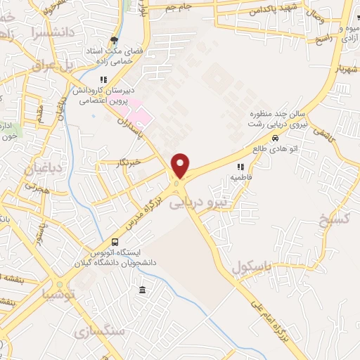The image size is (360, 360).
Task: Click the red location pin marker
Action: coord(181,166)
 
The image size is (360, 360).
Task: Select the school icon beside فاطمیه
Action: coord(240,167)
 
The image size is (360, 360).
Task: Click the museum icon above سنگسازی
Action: coord(143,290)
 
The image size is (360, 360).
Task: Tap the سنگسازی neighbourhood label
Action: coord(102,331)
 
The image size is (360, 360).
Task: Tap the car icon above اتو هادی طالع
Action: coord(264,139)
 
